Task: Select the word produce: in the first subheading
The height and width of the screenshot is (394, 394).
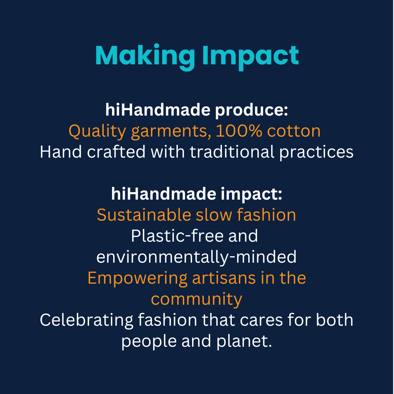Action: (251, 110)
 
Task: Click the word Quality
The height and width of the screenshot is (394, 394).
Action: (97, 131)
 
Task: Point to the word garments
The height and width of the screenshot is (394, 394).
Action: (171, 131)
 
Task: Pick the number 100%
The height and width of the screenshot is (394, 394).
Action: (239, 131)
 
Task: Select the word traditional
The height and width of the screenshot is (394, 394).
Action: (232, 152)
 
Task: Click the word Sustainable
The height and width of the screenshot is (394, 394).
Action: (144, 215)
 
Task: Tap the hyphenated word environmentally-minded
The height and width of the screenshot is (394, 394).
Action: (196, 257)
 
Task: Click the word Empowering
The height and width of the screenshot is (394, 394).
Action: (137, 278)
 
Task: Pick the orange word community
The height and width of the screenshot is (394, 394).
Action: (196, 299)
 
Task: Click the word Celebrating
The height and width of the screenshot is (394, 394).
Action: (87, 320)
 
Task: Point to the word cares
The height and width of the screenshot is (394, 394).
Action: (261, 320)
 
